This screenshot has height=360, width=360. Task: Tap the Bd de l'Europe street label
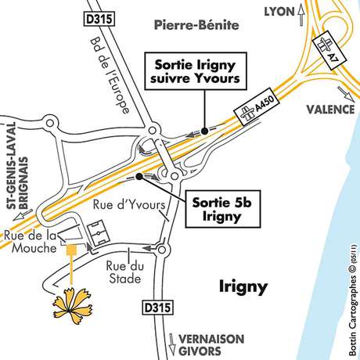pos(109,84)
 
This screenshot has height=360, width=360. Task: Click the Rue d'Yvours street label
pos(130,205)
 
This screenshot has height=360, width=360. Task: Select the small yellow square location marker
pos(71,250)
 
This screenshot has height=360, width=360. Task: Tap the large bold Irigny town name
pos(243,287)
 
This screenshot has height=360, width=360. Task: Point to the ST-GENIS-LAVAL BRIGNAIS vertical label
pos(16,173)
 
